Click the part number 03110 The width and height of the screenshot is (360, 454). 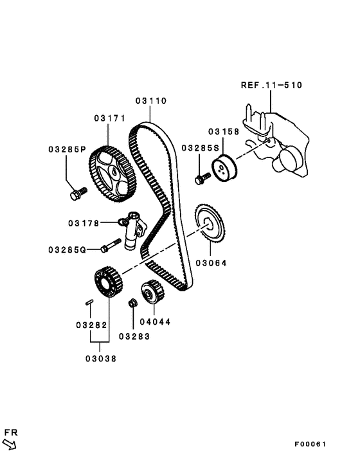151,101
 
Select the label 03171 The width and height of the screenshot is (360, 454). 109,118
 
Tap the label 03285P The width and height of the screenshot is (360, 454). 67,149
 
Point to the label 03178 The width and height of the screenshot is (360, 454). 84,223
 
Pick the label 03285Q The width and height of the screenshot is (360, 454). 67,249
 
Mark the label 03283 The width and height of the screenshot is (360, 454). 133,335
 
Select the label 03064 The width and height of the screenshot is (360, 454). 212,262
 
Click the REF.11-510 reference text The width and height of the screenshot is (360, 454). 271,85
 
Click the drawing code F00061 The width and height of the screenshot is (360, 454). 311,444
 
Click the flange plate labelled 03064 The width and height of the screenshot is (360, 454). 206,224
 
